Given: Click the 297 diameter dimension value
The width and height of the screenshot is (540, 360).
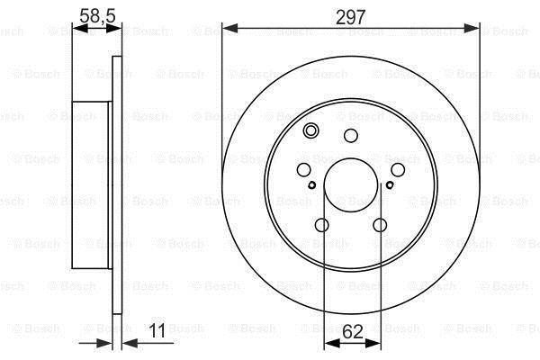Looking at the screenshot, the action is (351, 17).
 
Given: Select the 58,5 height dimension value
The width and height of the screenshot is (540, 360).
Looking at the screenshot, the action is (97, 16).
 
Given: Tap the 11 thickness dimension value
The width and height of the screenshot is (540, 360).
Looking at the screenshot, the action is (157, 330).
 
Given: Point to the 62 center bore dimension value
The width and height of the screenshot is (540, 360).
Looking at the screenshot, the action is (353, 332).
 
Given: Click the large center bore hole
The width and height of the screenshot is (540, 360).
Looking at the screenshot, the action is (351, 185).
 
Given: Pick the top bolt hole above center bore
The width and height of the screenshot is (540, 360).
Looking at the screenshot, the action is (351, 135).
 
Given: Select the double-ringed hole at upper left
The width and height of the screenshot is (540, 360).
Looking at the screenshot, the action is (310, 130).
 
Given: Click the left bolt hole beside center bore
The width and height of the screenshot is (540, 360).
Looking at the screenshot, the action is (303, 169).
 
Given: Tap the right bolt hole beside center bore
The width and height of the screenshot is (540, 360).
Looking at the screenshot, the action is (398, 169).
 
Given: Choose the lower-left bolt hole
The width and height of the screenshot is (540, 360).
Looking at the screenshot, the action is (321, 225).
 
